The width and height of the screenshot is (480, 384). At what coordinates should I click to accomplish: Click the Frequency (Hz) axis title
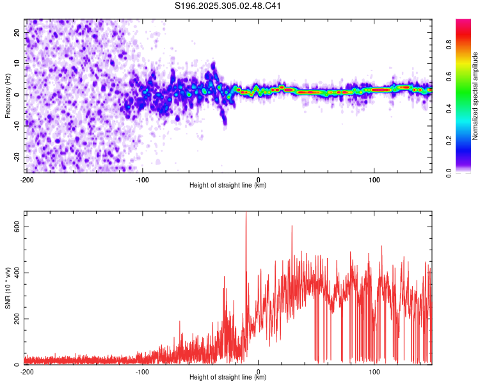pyautogui.click(x=8, y=95)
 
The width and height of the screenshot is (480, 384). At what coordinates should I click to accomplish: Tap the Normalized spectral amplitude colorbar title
pyautogui.click(x=475, y=96)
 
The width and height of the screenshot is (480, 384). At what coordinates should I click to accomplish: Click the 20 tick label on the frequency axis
pyautogui.click(x=17, y=31)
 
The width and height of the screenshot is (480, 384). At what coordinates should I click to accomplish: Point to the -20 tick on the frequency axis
pyautogui.click(x=16, y=157)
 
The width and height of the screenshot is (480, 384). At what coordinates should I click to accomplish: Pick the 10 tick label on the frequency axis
pyautogui.click(x=17, y=63)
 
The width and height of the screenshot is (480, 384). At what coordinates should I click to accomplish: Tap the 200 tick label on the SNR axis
pyautogui.click(x=15, y=318)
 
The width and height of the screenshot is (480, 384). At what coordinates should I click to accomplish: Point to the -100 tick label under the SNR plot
pyautogui.click(x=142, y=372)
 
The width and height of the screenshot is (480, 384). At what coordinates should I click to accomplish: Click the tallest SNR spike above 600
pyautogui.click(x=246, y=214)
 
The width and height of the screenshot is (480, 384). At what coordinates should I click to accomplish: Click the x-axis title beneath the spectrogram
pyautogui.click(x=228, y=186)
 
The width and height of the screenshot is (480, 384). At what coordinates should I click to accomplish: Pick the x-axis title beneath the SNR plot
pyautogui.click(x=228, y=378)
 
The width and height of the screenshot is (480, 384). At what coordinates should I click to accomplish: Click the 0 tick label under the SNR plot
pyautogui.click(x=258, y=372)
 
